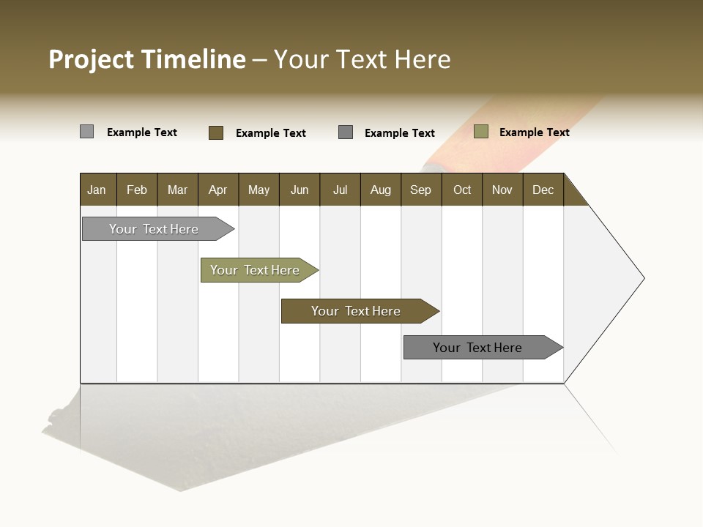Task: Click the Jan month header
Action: point(97,190)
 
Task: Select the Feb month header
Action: point(137,190)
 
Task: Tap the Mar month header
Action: point(177,190)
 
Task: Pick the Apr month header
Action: point(218,190)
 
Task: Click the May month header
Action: point(258,190)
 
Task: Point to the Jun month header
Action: point(300,190)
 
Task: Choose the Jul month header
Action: point(340,190)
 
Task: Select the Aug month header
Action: point(381,190)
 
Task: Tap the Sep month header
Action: point(421,190)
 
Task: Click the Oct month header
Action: point(462,190)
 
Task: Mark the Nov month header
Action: point(502,190)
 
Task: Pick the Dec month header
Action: point(543,190)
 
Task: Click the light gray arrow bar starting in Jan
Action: point(155,229)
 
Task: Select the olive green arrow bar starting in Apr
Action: point(256,270)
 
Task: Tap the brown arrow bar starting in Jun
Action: point(357,311)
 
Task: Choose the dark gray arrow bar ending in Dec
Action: point(478,348)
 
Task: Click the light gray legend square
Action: point(87,132)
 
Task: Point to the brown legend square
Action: point(216,132)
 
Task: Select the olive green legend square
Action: point(481,132)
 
